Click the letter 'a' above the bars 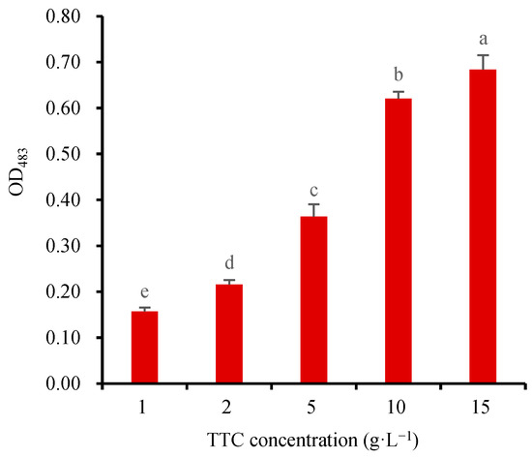click(x=482, y=41)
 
